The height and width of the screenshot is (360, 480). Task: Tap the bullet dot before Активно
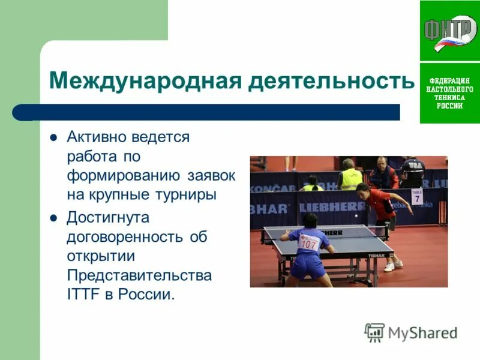point(53,137)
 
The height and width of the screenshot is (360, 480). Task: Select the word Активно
point(96,137)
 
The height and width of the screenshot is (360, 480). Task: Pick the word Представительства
point(139,275)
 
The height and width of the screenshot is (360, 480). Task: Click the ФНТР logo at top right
point(449,31)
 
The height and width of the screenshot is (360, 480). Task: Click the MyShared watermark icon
point(374,332)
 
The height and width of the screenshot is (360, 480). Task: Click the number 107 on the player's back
point(308,244)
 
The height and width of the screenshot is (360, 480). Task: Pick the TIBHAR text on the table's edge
point(378,254)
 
